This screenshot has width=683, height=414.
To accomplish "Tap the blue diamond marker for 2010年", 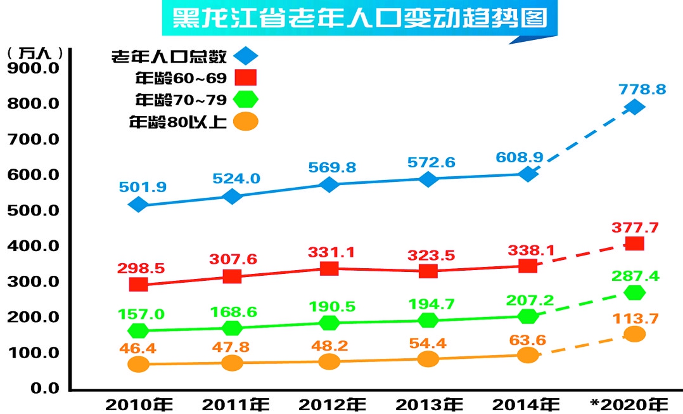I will coord(138,205).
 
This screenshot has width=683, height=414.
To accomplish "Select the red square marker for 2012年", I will coord(329,269).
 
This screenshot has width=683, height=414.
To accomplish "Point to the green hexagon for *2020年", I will coord(634,293).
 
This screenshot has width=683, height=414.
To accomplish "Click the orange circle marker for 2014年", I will coord(528,355).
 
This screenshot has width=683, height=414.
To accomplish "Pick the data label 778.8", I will coord(643,89).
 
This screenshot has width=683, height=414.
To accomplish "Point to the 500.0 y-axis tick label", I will coord(33,210).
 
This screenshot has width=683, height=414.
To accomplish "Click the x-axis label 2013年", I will coord(430,403).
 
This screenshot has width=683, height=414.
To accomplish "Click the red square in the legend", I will coord(246,78).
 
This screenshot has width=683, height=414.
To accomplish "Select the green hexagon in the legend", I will coord(246,100).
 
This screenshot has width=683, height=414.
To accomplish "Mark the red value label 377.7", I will coord(635,227).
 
